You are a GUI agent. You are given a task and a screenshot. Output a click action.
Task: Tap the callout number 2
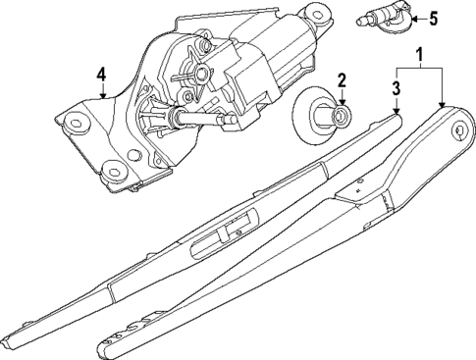click(341, 80)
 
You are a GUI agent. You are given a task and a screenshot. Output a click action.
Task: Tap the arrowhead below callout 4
click(102, 95)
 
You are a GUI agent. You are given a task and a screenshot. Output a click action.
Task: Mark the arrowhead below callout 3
click(397, 113)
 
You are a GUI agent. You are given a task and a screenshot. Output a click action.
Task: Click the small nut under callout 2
click(339, 119)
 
